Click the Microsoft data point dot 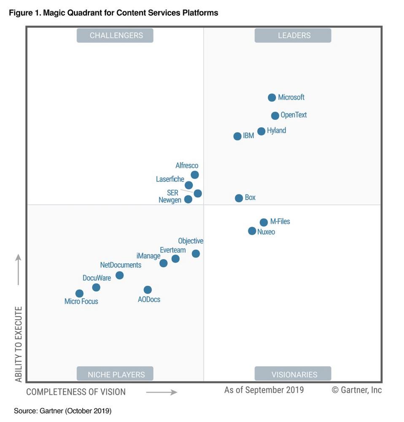(272, 97)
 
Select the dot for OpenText (275, 116)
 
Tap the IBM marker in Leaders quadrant (237, 136)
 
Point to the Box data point (239, 198)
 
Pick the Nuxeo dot (252, 231)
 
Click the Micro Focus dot (79, 293)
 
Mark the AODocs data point (148, 290)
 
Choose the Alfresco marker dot (195, 175)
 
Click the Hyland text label (277, 131)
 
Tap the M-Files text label (280, 222)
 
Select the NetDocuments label (121, 265)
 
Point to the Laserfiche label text (170, 179)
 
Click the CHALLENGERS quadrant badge (115, 35)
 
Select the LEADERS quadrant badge (293, 35)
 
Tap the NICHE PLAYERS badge (115, 374)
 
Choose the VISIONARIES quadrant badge (293, 374)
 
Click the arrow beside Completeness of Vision (162, 392)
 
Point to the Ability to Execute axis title (19, 344)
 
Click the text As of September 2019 (264, 390)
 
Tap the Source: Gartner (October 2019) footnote (62, 411)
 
